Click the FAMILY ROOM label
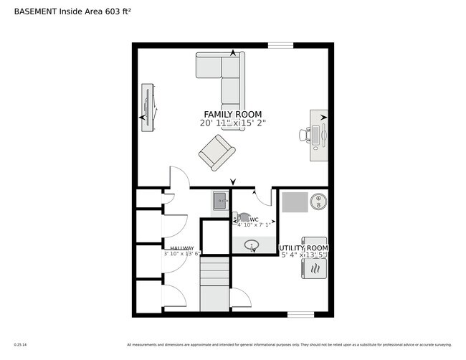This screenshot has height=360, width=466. pyautogui.click(x=232, y=114)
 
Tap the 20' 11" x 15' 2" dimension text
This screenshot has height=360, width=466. pyautogui.click(x=232, y=123)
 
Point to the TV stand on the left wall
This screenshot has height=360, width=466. pyautogui.click(x=148, y=108)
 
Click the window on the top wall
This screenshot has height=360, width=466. pyautogui.click(x=280, y=46)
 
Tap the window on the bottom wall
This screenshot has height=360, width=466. pyautogui.click(x=300, y=313)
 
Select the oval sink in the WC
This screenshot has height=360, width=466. pyautogui.click(x=252, y=245)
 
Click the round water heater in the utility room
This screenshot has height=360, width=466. pyautogui.click(x=318, y=202)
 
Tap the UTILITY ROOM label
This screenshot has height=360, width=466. pyautogui.click(x=303, y=247)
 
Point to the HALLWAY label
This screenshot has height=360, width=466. pyautogui.click(x=182, y=248)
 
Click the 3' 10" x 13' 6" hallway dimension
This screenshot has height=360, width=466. pyautogui.click(x=182, y=254)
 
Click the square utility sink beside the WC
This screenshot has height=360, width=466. pyautogui.click(x=219, y=199)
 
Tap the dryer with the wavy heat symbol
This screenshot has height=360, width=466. pyautogui.click(x=315, y=268)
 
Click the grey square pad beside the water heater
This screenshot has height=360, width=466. pyautogui.click(x=294, y=202)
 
